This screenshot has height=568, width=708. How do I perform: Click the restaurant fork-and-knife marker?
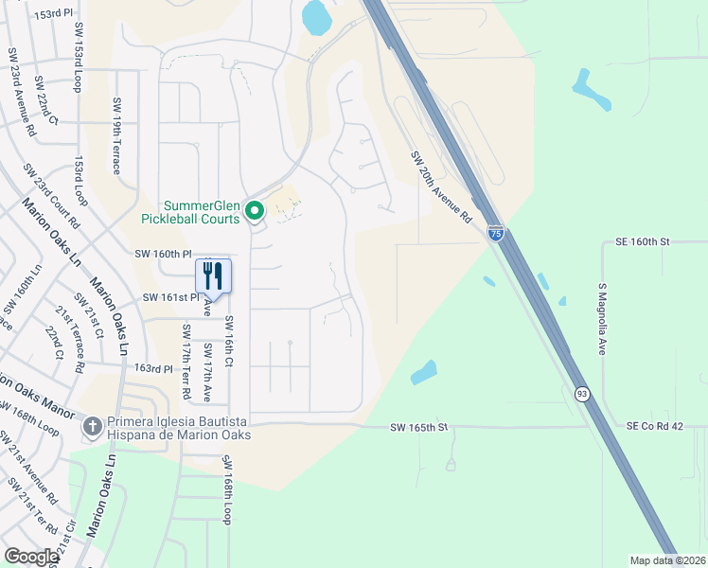213,276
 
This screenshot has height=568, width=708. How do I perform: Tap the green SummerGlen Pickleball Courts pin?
254,211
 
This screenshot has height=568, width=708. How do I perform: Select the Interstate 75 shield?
496,232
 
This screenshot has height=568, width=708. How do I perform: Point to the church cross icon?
92,426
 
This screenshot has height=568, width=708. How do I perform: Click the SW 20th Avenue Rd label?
441,186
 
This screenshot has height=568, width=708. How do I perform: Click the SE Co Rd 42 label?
654,427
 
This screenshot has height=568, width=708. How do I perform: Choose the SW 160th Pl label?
163,254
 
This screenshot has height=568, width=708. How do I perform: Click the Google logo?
31,557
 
